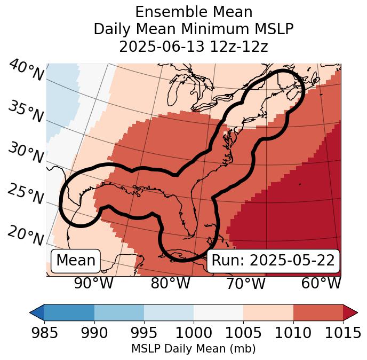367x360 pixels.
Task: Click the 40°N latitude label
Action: (x=26, y=71)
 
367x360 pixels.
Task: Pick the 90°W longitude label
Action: (x=94, y=284)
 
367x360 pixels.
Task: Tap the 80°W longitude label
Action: (x=170, y=284)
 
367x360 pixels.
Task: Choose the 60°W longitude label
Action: (x=321, y=284)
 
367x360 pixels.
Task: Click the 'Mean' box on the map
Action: (x=76, y=261)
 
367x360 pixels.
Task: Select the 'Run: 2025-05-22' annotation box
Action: (x=273, y=261)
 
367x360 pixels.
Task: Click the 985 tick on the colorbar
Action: (x=44, y=333)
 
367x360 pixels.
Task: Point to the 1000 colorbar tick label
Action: (x=193, y=333)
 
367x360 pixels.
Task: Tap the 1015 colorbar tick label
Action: (x=343, y=333)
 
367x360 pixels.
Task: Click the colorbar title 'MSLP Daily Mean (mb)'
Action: (x=193, y=349)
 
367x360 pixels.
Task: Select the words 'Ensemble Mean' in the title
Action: (x=193, y=12)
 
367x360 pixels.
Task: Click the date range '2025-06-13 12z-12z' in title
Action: (x=193, y=46)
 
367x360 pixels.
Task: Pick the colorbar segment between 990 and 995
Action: (x=119, y=312)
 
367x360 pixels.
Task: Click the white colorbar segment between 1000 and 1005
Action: (x=218, y=312)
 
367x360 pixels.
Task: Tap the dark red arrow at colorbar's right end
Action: (x=350, y=312)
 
